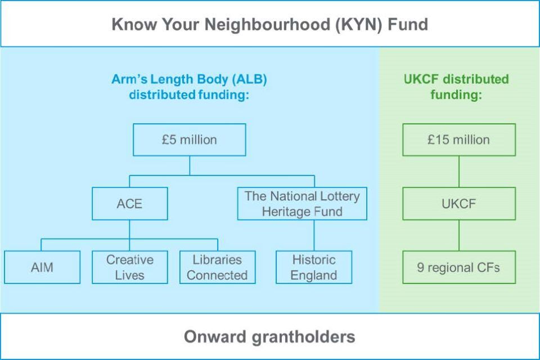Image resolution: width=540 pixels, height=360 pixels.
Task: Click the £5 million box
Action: (x=189, y=139)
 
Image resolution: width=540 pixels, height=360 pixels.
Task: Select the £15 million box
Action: (x=458, y=139)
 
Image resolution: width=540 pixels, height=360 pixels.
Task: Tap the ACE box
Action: (x=129, y=203)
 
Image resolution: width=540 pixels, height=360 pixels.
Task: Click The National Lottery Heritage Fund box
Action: (x=302, y=204)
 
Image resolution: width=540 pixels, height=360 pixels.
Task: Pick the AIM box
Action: (x=42, y=267)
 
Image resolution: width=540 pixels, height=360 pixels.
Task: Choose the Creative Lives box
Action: (x=129, y=267)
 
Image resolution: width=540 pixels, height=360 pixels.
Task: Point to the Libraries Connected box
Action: (x=217, y=267)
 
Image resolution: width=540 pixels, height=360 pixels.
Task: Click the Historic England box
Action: (x=314, y=267)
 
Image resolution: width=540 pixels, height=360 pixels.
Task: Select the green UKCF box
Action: (x=458, y=203)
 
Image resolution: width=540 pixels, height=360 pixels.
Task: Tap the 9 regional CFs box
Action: (x=458, y=267)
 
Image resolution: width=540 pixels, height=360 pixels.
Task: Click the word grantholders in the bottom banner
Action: (x=304, y=336)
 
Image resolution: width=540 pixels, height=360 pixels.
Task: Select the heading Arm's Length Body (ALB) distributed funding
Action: (x=189, y=87)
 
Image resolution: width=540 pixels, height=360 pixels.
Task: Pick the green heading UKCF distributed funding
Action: (x=456, y=87)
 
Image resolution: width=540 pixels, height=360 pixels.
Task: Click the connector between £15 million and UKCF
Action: (x=459, y=172)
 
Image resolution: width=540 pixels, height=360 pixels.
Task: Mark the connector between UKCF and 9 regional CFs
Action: (x=459, y=235)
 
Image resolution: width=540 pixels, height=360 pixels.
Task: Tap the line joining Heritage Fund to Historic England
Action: (x=314, y=235)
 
